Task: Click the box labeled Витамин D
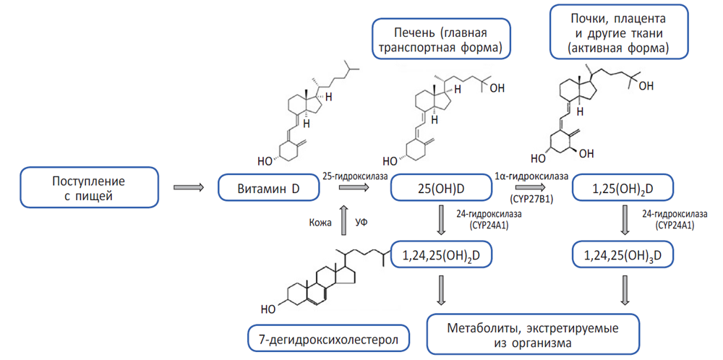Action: (268, 189)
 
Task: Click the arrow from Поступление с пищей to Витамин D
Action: (189, 188)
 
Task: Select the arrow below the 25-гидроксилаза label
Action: (353, 188)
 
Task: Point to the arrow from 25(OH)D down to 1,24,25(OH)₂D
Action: (440, 219)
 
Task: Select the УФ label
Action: (362, 223)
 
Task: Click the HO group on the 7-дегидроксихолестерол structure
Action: (268, 309)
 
